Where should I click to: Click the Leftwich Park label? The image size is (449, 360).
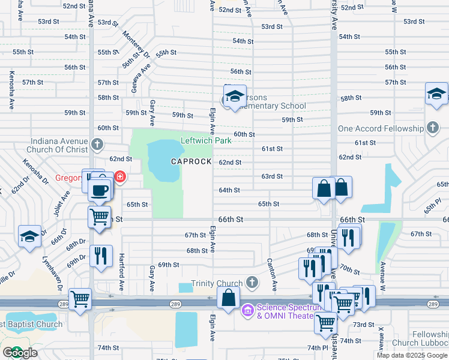pyautogui.click(x=206, y=141)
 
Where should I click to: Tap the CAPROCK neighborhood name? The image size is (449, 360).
pyautogui.click(x=191, y=162)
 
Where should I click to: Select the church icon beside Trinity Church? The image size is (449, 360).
pyautogui.click(x=252, y=282)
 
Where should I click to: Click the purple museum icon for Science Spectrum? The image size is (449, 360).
pyautogui.click(x=247, y=311)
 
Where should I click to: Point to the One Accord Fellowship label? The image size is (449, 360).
pyautogui.click(x=380, y=128)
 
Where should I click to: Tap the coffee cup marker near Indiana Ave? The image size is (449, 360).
pyautogui.click(x=100, y=190)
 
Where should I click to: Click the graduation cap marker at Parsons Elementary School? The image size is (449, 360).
pyautogui.click(x=235, y=96)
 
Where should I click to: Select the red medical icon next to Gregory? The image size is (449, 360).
pyautogui.click(x=119, y=177)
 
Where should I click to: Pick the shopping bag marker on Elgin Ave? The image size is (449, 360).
pyautogui.click(x=228, y=298)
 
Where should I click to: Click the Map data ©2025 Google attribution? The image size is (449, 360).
pyautogui.click(x=412, y=355)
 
